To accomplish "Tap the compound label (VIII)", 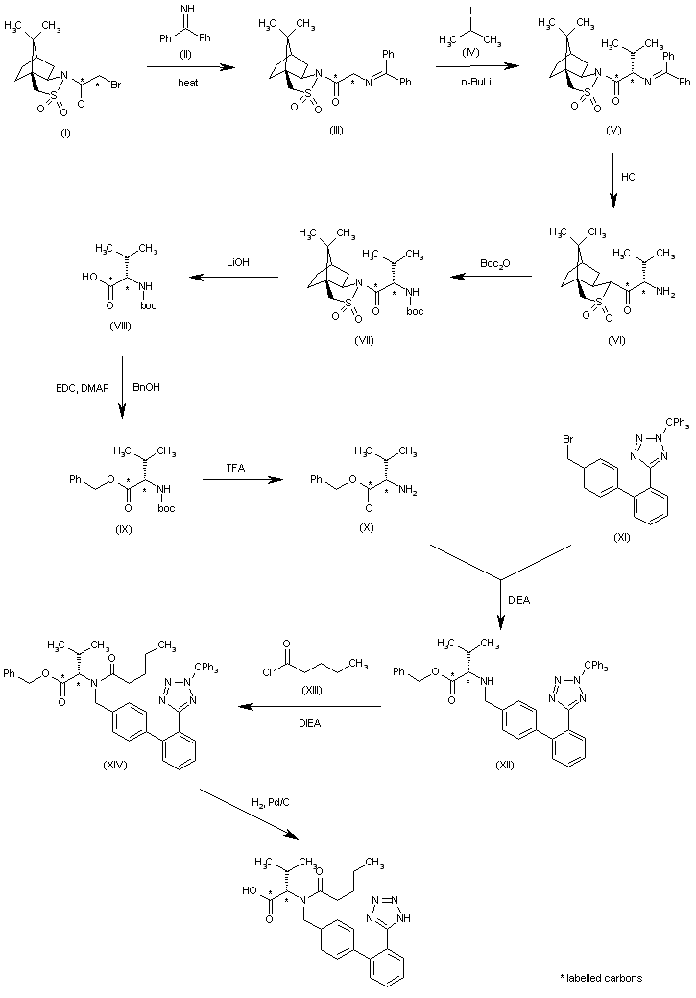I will click(121, 327).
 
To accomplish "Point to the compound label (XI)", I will click(622, 536).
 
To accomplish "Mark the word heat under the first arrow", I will click(188, 84).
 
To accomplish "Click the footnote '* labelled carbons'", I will click(601, 977).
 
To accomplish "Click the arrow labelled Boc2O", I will click(491, 278).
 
